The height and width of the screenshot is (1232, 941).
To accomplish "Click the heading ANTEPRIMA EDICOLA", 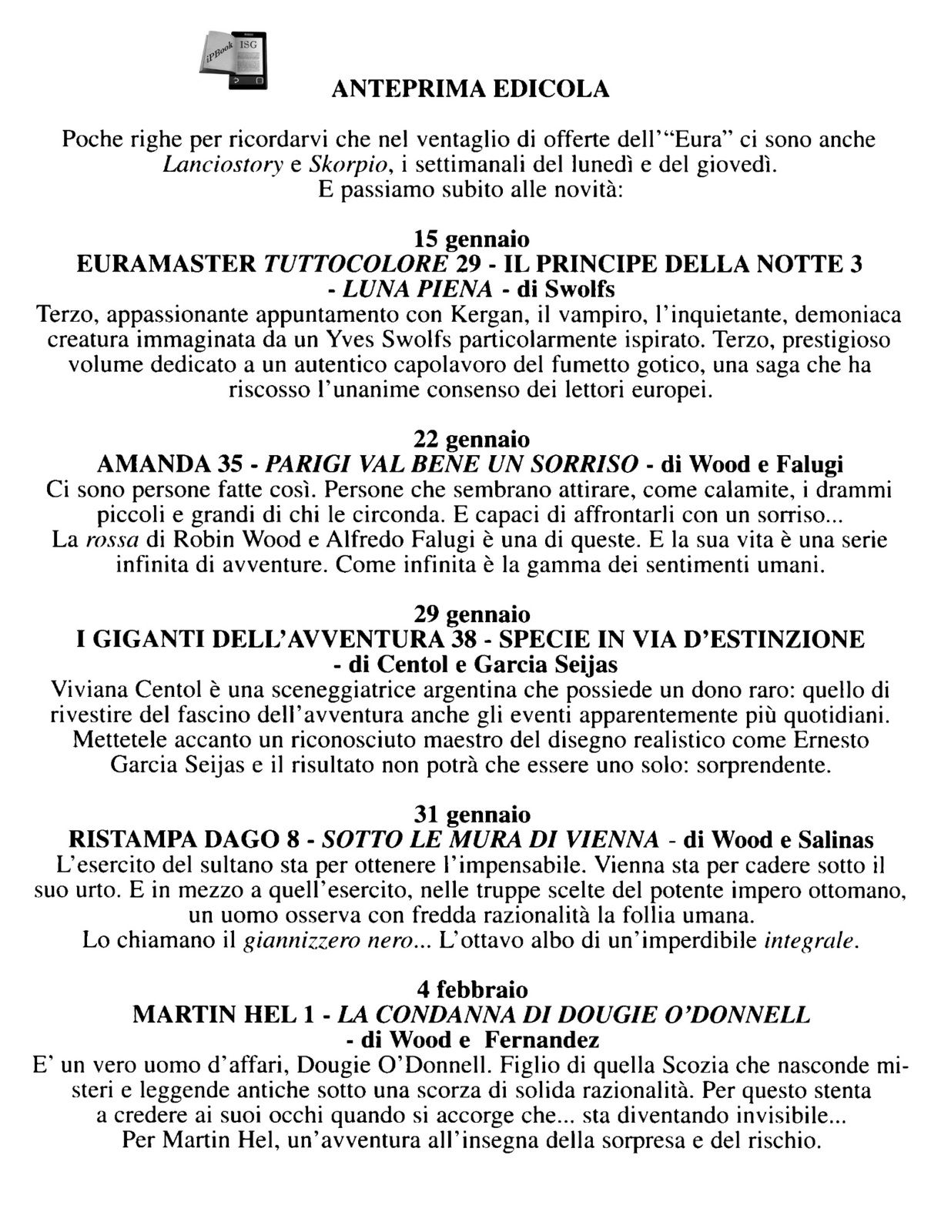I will (x=470, y=90).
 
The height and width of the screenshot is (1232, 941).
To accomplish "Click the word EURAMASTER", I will (x=167, y=264).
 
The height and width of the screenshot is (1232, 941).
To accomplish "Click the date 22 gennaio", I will (x=471, y=439).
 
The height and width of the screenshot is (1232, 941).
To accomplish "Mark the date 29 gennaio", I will (x=471, y=614).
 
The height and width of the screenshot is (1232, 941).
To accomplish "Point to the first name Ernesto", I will (x=828, y=740).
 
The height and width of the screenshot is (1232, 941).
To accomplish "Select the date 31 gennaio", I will (x=471, y=814).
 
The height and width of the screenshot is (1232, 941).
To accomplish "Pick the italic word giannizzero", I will (x=287, y=940).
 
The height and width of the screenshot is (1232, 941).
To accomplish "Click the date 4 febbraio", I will (x=471, y=989).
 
